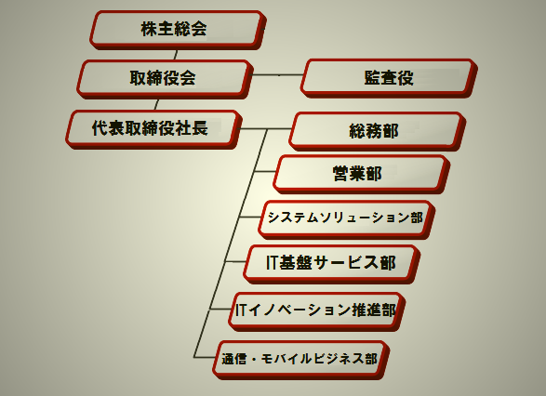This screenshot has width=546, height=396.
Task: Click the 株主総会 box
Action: [178, 30]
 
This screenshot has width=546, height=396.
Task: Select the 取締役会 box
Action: [165, 79]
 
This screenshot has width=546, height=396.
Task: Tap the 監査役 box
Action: [389, 78]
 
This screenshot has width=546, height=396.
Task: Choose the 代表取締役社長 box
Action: [153, 129]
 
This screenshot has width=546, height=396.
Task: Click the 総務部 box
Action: [377, 131]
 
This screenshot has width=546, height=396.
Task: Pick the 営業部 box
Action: [362, 174]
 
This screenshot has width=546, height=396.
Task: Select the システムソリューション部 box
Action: [346, 219]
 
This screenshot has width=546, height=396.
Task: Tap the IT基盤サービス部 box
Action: [332, 264]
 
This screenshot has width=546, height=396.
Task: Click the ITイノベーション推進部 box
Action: [317, 311]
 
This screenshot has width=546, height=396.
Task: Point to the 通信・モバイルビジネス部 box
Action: [300, 360]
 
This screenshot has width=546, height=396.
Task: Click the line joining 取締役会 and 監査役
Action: [277, 74]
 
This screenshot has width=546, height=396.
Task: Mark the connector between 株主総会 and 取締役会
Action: [175, 55]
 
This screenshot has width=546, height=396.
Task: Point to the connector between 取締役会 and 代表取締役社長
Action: [156, 104]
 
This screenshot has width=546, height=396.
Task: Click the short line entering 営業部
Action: [265, 171]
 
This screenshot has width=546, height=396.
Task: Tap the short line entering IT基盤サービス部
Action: [235, 261]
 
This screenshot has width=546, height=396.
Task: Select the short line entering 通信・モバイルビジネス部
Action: [205, 357]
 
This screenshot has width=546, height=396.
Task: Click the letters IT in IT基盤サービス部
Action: [272, 263]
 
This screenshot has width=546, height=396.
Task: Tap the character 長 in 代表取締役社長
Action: [200, 128]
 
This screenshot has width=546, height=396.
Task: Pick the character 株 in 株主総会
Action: [149, 29]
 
